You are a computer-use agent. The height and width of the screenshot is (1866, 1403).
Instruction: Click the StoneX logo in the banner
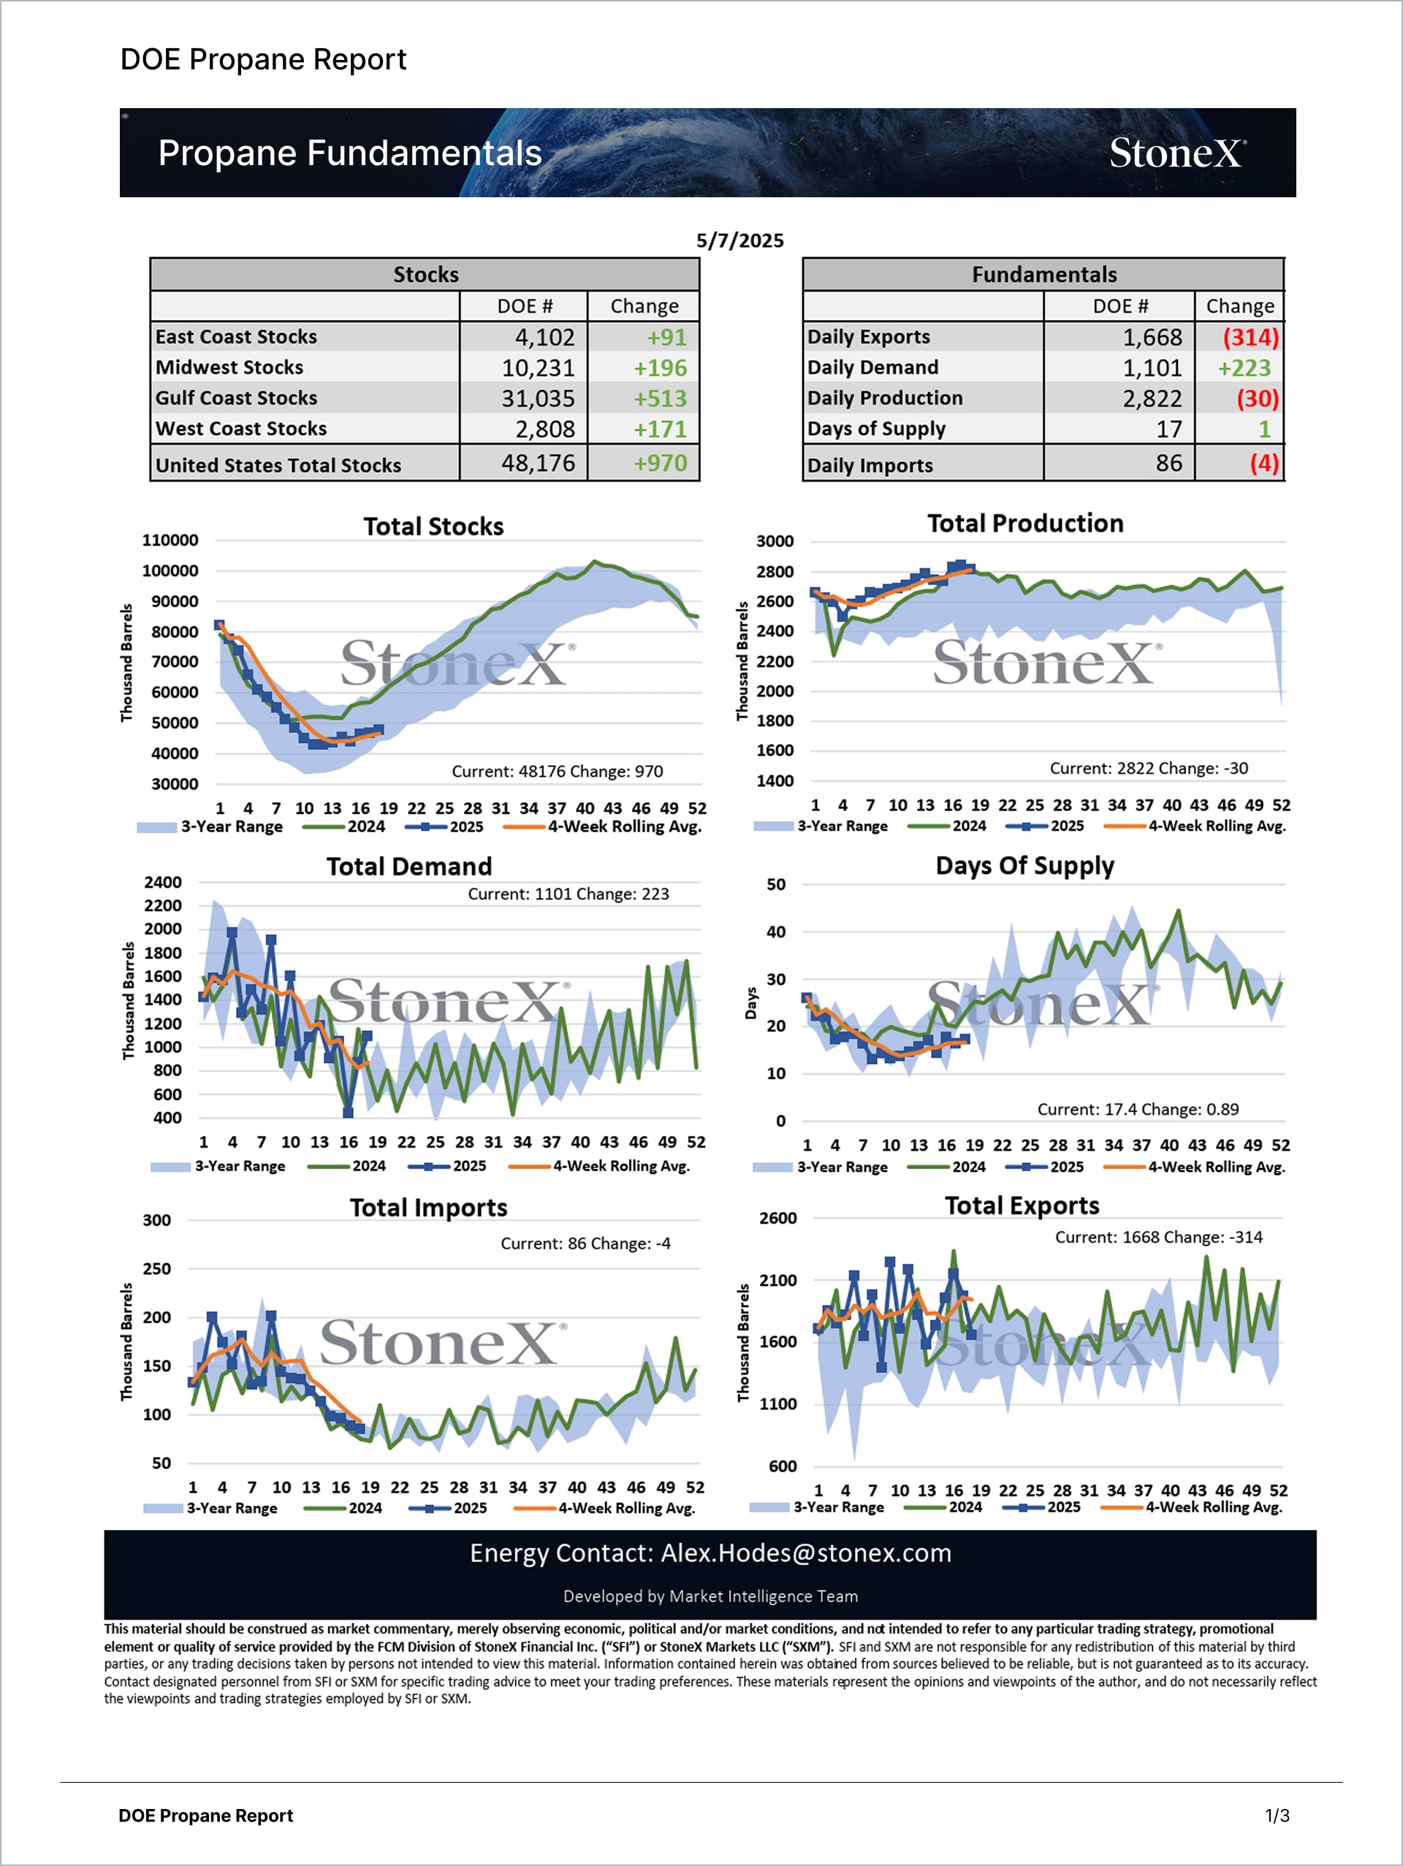(1177, 153)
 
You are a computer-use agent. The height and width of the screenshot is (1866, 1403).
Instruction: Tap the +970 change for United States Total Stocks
(660, 463)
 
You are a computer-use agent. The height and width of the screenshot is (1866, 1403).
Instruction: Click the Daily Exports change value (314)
(1250, 338)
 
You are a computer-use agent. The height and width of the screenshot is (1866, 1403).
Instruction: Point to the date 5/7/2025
(739, 240)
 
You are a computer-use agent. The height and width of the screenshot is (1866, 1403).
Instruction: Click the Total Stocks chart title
(433, 526)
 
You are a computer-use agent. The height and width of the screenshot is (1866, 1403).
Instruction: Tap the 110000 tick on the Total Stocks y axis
(170, 540)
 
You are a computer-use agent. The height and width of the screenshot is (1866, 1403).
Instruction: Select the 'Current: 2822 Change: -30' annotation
(1148, 769)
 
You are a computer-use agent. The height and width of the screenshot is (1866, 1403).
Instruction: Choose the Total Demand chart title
(409, 867)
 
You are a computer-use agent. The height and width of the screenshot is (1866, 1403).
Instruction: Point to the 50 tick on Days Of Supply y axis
(775, 884)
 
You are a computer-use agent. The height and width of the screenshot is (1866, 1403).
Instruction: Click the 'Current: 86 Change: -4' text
(585, 1244)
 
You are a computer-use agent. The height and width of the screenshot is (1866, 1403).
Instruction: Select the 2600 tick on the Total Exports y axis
(777, 1218)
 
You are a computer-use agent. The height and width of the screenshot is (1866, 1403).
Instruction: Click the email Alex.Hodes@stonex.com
(806, 1553)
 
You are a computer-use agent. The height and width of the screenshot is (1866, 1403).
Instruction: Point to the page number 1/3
(1277, 1816)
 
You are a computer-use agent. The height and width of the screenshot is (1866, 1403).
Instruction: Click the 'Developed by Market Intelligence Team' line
(710, 1596)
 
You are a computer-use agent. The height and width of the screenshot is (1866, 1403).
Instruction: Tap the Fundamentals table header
(1043, 275)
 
